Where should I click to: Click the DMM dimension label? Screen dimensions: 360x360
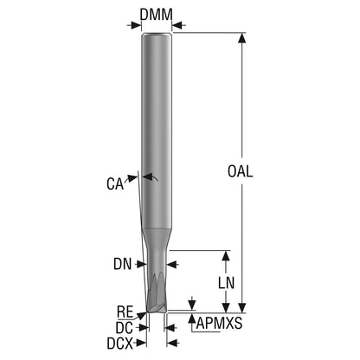[157, 15]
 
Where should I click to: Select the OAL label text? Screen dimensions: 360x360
[240, 171]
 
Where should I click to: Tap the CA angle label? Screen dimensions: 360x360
[115, 183]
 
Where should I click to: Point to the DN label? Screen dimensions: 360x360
[122, 264]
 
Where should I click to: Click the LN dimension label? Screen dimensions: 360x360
[226, 283]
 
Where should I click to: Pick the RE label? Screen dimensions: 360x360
[125, 312]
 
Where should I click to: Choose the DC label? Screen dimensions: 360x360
[125, 328]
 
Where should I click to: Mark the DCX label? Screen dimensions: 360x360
[119, 344]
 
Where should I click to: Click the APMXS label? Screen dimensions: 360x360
[219, 324]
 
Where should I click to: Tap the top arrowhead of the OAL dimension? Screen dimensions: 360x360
[242, 38]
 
